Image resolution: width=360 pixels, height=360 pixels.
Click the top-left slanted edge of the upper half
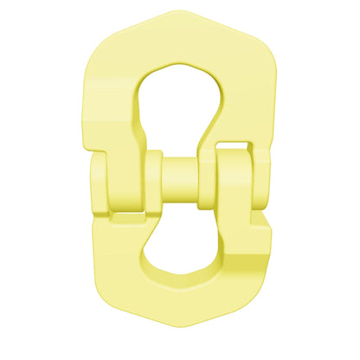(x=121, y=35)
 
